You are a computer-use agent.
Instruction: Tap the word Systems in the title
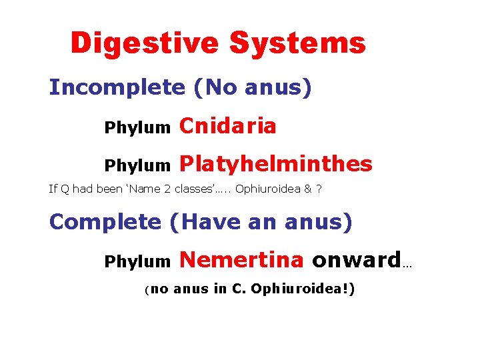pos(297,43)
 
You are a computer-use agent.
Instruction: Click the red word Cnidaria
pos(228,126)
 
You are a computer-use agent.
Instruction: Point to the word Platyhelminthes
pos(276,164)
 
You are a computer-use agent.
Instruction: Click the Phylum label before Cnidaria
pos(137,129)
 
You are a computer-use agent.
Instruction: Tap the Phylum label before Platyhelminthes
pos(137,166)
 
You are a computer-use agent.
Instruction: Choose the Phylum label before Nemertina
pos(137,262)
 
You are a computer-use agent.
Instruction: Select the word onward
pos(357,259)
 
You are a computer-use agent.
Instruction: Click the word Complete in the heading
pos(105,222)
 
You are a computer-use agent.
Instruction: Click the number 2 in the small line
pos(166,189)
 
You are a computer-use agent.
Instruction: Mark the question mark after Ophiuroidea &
pos(319,189)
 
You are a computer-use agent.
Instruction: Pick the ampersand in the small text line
pos(307,189)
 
